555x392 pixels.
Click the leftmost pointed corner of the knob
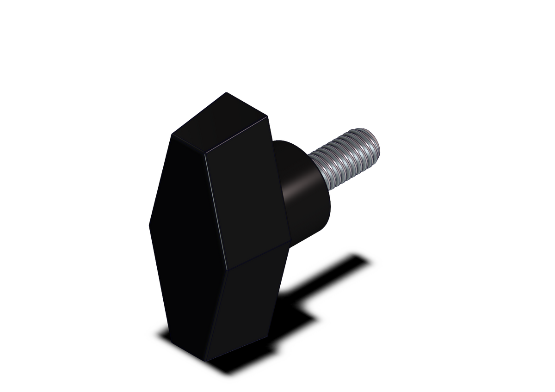(148, 225)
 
